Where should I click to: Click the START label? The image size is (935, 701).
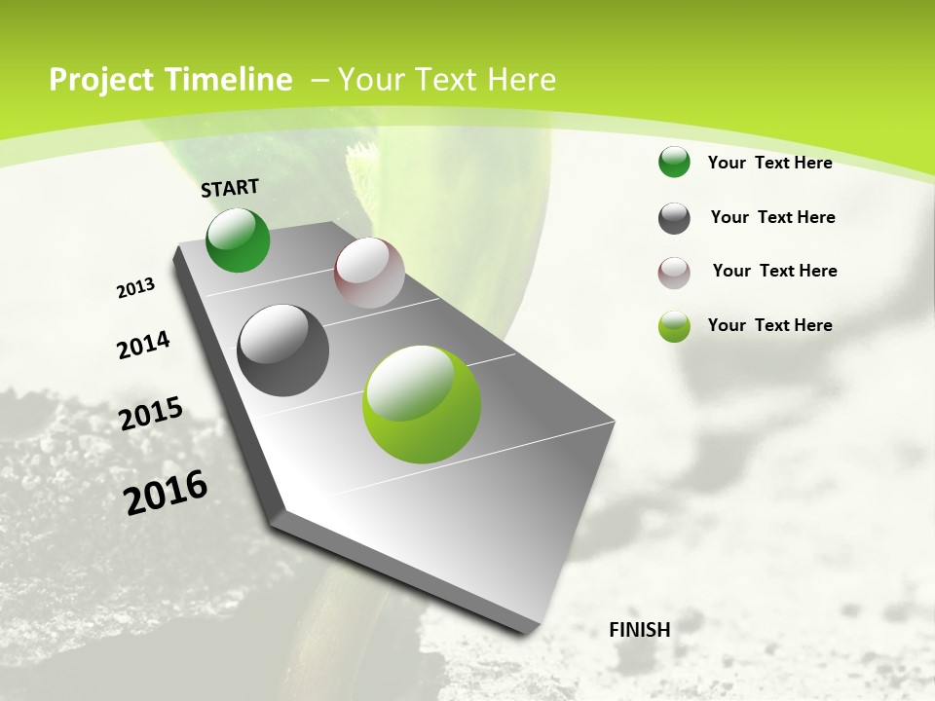(230, 188)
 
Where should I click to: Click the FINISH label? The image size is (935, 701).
(639, 630)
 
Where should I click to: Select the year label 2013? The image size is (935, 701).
(135, 288)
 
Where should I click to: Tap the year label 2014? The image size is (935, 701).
(143, 346)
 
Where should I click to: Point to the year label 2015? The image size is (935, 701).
(151, 414)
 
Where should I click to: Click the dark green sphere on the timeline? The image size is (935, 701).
(238, 240)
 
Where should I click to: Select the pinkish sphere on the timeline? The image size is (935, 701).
(369, 273)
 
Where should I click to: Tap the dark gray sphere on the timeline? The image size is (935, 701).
(282, 350)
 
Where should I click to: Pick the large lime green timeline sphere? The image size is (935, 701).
(422, 404)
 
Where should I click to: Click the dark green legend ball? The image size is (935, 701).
(674, 163)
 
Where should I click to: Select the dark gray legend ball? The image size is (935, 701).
(674, 218)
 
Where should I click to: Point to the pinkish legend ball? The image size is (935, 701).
(674, 273)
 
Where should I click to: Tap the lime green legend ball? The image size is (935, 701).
(674, 326)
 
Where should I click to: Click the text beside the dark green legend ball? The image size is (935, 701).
(769, 163)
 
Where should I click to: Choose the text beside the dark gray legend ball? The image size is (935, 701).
(772, 217)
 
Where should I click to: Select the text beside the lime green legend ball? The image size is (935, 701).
(769, 325)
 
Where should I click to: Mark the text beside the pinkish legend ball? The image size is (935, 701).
(774, 271)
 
